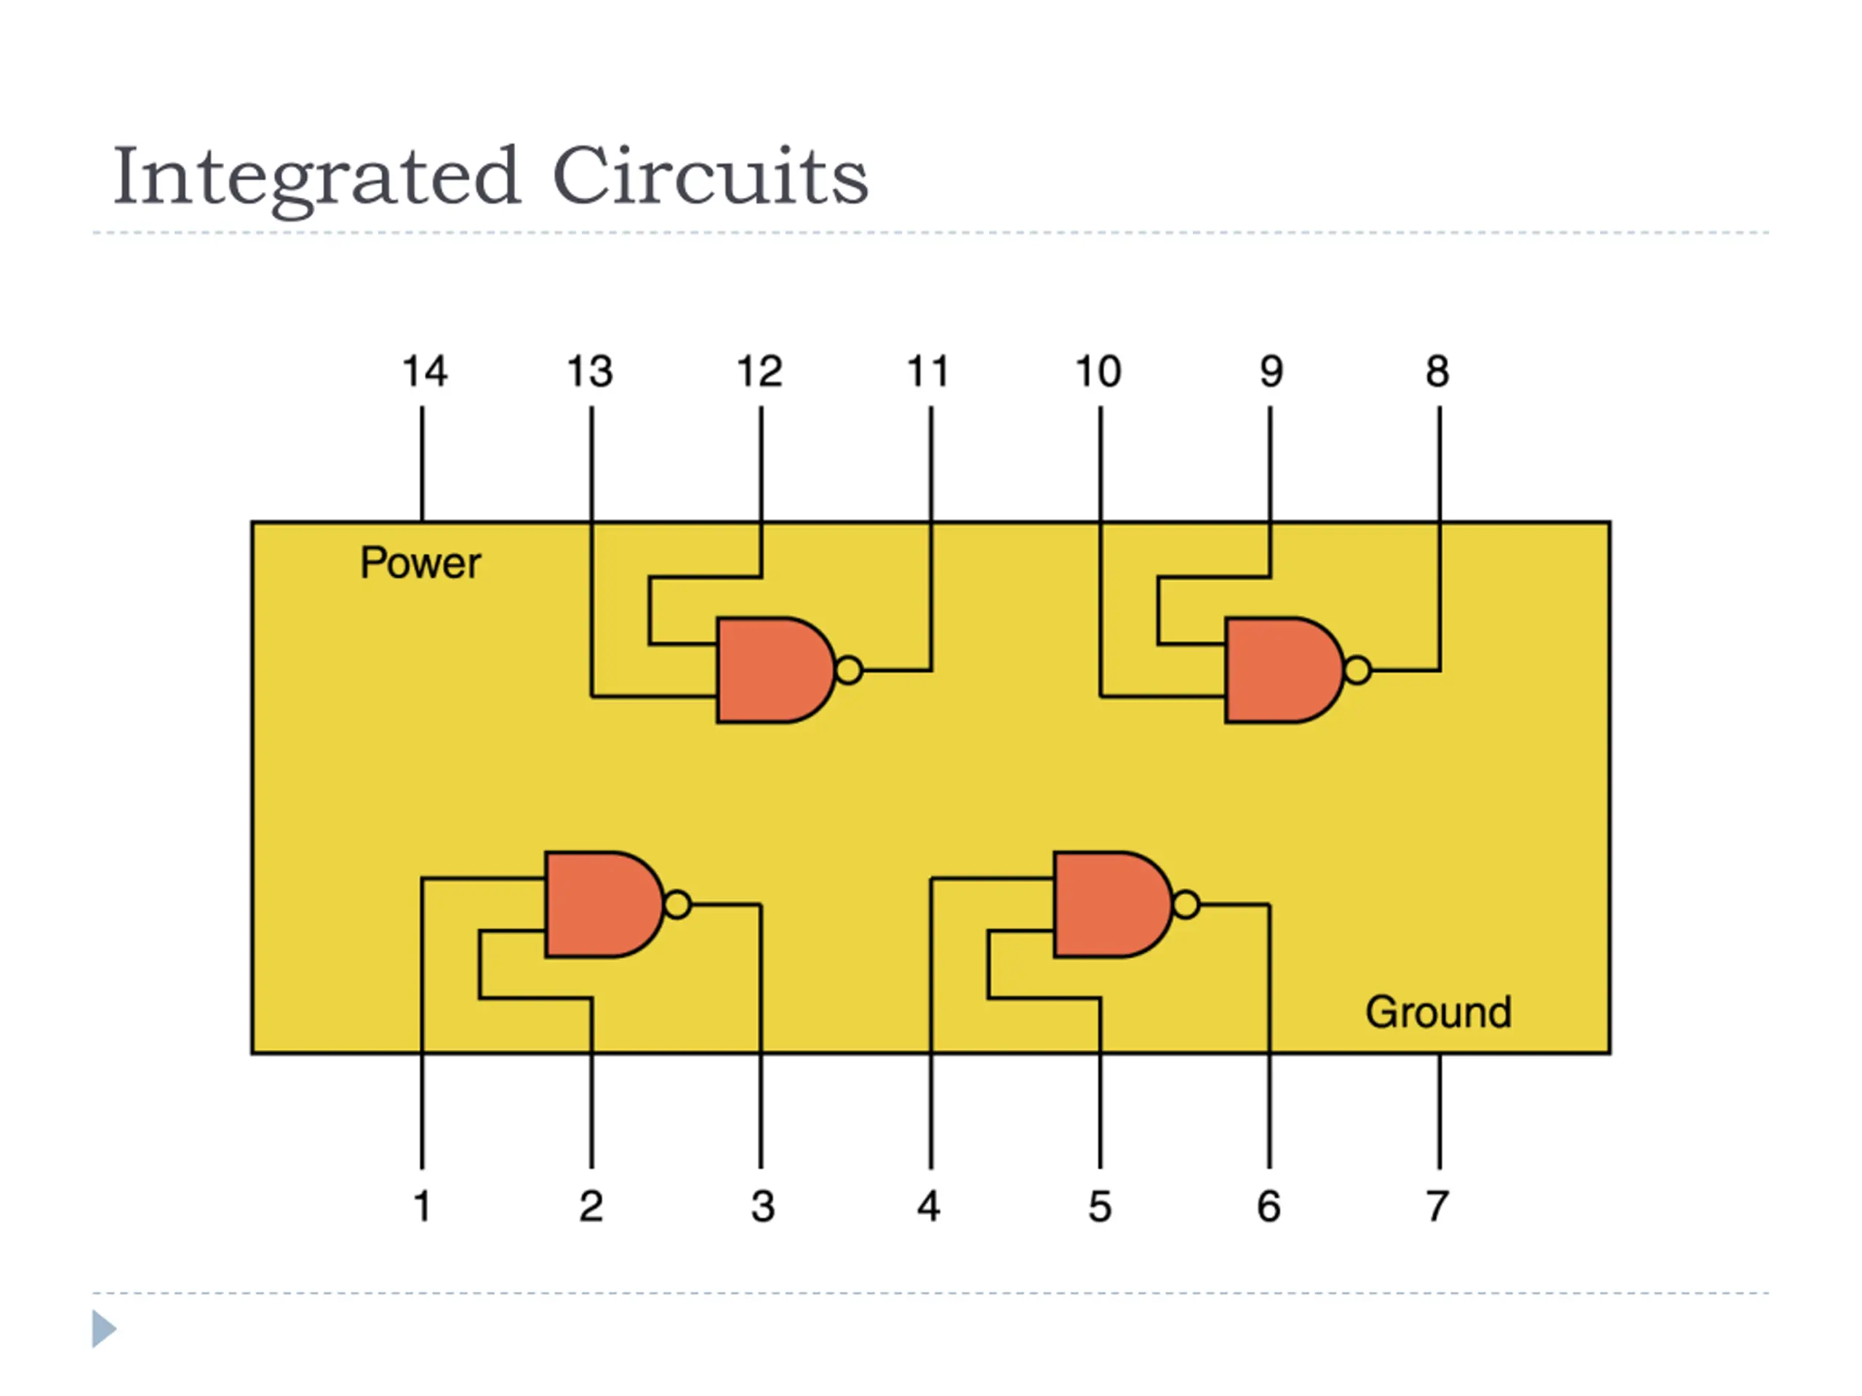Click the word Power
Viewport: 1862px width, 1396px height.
click(x=421, y=563)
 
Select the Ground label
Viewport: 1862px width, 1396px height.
click(x=1439, y=1011)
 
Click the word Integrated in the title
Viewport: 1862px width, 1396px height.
click(x=316, y=177)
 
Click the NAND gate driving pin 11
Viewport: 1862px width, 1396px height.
click(x=776, y=670)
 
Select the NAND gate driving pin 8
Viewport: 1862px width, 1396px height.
click(x=1284, y=670)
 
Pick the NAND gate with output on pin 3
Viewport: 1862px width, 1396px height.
click(x=604, y=904)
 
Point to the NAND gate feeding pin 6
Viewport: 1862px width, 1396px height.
click(x=1113, y=904)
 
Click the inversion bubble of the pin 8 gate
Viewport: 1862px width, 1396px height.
click(x=1358, y=670)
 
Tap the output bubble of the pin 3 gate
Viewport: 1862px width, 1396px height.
click(x=679, y=904)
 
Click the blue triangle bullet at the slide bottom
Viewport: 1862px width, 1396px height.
click(x=103, y=1328)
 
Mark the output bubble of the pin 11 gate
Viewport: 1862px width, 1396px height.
click(x=850, y=670)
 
